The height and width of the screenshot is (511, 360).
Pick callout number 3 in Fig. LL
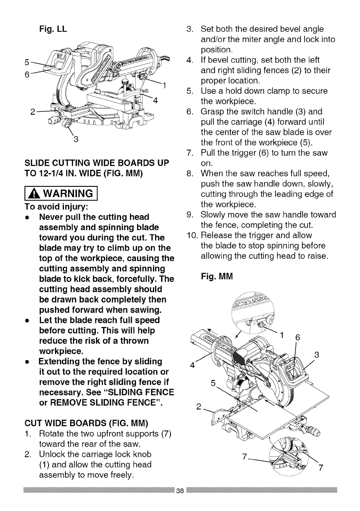pyautogui.click(x=76, y=140)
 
